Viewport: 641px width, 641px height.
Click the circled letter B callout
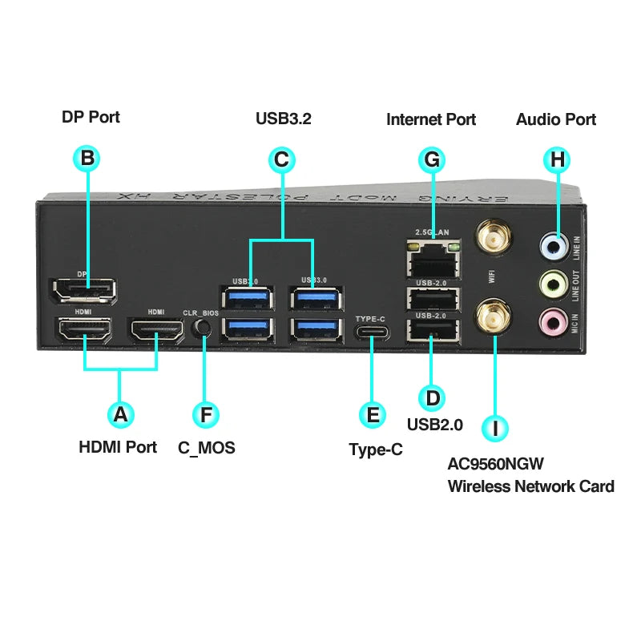pos(88,158)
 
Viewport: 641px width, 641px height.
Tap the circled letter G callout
pos(432,159)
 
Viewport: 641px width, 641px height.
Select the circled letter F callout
pos(207,414)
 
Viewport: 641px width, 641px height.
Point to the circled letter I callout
pos(495,428)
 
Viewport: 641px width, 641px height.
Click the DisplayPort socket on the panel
pos(83,290)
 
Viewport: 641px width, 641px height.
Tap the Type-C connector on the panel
pos(371,332)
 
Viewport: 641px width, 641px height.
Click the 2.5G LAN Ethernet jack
pos(433,256)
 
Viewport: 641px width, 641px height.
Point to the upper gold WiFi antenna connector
pos(494,239)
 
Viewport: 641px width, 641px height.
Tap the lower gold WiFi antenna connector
pos(494,319)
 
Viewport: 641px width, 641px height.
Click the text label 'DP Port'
pos(91,117)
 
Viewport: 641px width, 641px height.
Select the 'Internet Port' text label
pos(431,119)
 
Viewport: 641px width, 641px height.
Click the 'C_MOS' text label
pos(207,448)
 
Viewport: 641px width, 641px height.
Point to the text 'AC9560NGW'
pos(494,462)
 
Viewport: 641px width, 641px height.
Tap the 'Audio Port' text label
pos(556,119)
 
